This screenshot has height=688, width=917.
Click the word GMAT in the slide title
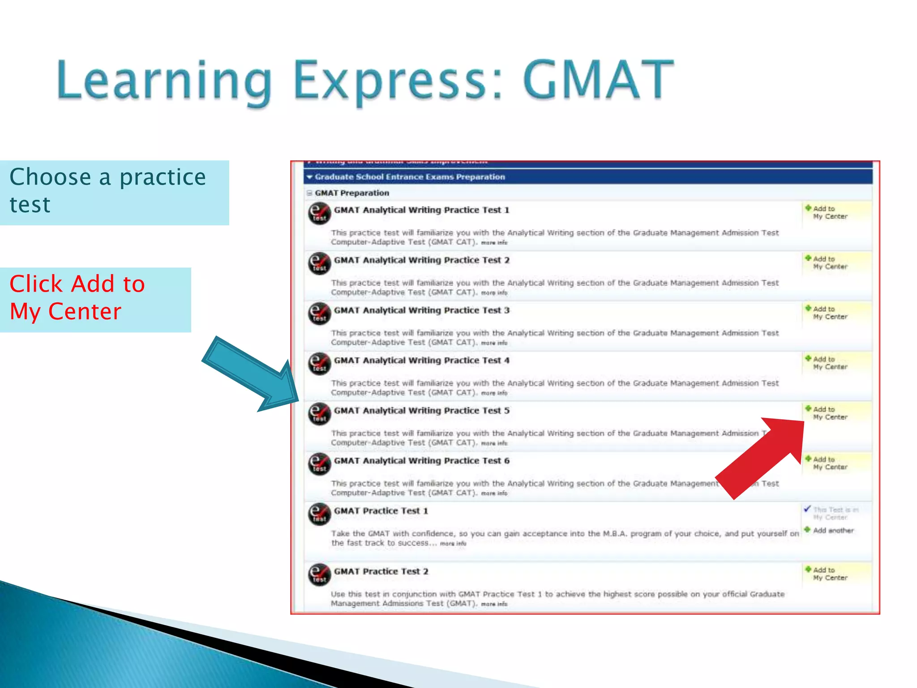click(598, 81)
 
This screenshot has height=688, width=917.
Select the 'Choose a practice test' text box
click(114, 193)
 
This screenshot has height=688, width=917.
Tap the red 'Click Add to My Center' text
click(77, 298)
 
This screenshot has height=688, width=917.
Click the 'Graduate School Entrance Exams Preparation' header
click(409, 177)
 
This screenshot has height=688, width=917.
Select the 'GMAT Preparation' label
click(351, 193)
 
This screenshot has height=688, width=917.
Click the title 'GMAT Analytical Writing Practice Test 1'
click(421, 210)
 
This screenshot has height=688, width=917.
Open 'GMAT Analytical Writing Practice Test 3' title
click(421, 310)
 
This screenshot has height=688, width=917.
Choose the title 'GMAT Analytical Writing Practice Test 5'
click(421, 411)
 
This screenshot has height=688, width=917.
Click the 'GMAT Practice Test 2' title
click(381, 572)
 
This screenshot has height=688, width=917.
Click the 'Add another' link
click(833, 531)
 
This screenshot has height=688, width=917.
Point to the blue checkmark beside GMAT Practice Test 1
click(807, 509)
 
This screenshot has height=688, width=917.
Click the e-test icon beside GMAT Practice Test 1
click(320, 514)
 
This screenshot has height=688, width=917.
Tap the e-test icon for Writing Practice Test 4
click(320, 364)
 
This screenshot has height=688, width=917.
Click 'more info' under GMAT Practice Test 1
click(453, 544)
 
